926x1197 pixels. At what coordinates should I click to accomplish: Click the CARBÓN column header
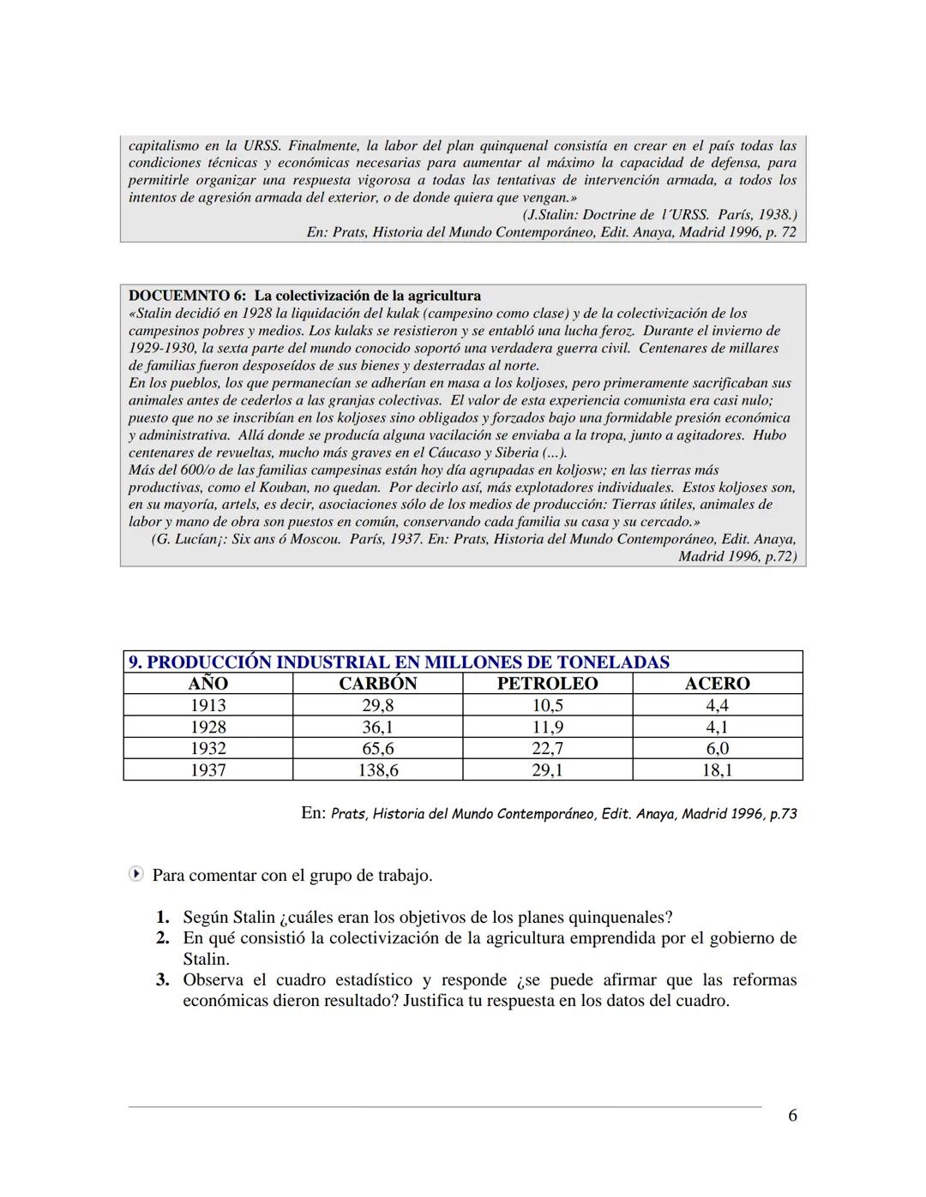(377, 683)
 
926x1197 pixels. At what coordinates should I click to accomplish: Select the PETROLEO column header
(547, 683)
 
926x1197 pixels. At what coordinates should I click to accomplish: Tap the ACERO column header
(717, 683)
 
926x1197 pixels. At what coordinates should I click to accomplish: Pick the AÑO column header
(207, 683)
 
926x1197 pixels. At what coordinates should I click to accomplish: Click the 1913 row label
(207, 705)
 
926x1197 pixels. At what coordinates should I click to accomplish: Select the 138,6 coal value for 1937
(377, 769)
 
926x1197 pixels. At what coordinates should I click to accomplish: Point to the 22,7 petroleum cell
(547, 748)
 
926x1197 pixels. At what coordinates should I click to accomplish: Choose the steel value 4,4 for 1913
(717, 705)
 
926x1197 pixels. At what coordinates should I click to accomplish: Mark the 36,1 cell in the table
(377, 727)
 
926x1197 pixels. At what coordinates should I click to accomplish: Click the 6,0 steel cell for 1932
(717, 748)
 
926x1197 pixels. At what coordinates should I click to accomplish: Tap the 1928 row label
(207, 727)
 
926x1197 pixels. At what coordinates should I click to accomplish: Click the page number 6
(792, 1115)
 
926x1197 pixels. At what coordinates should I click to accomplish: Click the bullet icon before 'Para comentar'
(135, 875)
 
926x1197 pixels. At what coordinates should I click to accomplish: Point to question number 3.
(163, 980)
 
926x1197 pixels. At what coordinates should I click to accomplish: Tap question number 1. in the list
(163, 917)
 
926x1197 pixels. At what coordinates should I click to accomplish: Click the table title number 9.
(135, 662)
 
